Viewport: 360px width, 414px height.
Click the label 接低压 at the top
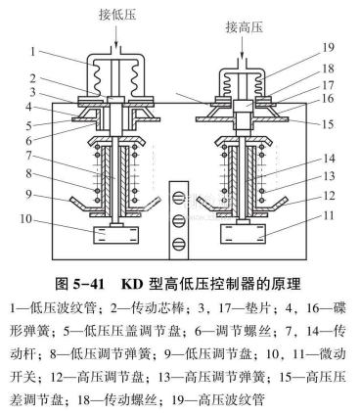(117, 15)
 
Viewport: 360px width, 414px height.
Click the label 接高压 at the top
(245, 27)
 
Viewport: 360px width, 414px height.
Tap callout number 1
(32, 52)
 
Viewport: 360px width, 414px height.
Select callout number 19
(329, 47)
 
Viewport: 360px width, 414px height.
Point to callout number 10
(26, 219)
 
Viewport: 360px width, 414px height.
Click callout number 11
(329, 215)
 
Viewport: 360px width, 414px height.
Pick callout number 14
(329, 159)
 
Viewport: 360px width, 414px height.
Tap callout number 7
(29, 156)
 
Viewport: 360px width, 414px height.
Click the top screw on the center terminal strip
(179, 198)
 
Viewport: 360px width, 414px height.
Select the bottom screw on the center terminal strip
(179, 244)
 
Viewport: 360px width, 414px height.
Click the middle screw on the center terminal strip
(179, 221)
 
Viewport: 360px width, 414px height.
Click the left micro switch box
(115, 235)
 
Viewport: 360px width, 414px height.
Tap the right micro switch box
(243, 234)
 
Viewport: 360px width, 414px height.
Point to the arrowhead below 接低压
(116, 43)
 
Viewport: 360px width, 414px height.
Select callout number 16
(329, 99)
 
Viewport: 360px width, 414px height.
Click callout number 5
(29, 125)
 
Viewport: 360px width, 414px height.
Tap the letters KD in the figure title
(132, 284)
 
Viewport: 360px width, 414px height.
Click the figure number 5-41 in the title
(88, 284)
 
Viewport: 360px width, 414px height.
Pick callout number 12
(329, 196)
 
